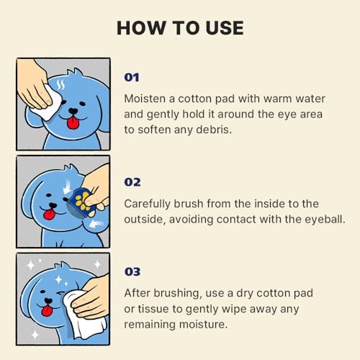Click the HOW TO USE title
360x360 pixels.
(180, 28)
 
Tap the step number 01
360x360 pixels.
(132, 78)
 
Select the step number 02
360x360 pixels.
(132, 182)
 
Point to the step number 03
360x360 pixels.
(132, 271)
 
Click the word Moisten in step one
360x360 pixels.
(145, 99)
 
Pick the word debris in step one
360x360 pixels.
(214, 130)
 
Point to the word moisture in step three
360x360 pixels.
(203, 325)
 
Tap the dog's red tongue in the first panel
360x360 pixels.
(73, 123)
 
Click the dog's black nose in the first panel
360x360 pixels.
(73, 111)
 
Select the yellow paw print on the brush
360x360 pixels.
(82, 201)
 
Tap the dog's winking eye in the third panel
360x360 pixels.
(61, 294)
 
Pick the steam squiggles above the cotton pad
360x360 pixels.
(60, 85)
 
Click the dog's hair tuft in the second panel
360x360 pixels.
(71, 168)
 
